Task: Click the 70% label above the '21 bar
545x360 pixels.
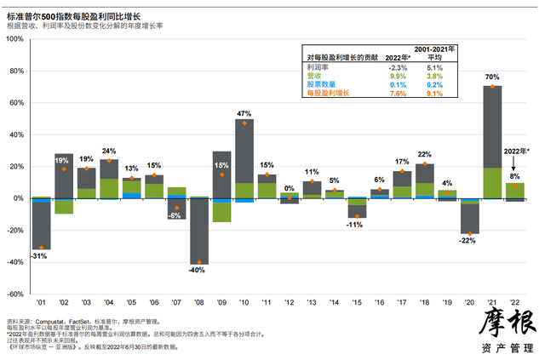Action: coord(493,77)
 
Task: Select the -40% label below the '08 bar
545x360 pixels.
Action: coord(199,271)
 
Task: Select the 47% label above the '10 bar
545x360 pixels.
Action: coord(244,112)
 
